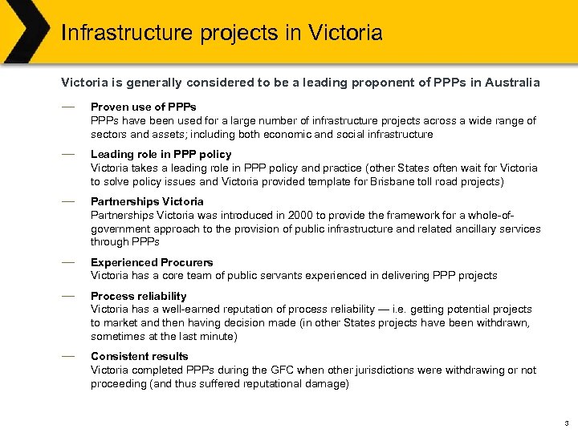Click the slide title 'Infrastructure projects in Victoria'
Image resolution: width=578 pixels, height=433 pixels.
(222, 34)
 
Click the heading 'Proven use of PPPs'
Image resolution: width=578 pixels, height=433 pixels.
(144, 107)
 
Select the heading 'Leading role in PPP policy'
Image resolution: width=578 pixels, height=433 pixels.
(161, 154)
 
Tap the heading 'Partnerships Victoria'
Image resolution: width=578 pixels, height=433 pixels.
(147, 201)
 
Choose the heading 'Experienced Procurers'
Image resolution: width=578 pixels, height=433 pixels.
(152, 262)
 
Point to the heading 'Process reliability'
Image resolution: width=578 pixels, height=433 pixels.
(138, 296)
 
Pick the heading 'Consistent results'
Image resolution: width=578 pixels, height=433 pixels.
(140, 356)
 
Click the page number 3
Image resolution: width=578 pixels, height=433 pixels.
(566, 423)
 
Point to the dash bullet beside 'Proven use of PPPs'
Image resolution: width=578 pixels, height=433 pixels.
(68, 106)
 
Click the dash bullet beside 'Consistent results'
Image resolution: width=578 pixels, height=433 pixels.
(68, 355)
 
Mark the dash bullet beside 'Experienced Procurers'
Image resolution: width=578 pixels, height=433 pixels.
(68, 261)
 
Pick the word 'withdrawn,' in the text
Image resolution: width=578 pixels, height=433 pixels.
(503, 322)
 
